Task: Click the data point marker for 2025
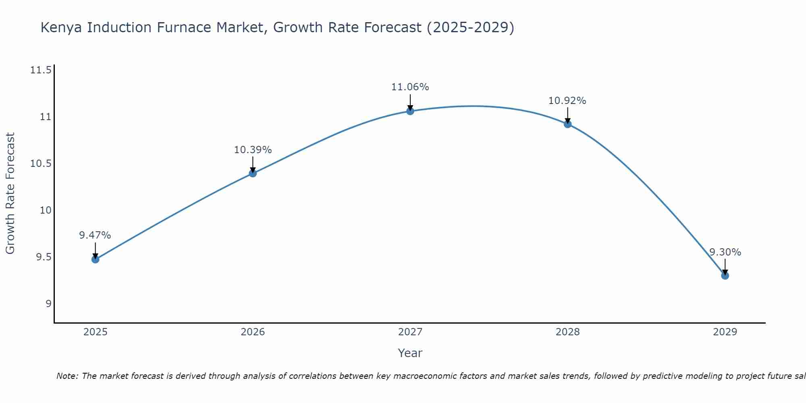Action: tap(96, 259)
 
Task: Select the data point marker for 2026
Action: tap(253, 173)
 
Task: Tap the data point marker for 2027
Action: tap(410, 111)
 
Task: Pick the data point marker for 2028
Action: tap(567, 124)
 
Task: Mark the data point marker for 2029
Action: tap(725, 276)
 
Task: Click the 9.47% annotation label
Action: tap(95, 235)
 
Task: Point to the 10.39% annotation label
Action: tap(253, 150)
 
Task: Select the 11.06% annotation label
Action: tap(410, 87)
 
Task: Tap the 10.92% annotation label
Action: tap(567, 101)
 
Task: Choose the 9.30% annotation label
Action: tap(725, 252)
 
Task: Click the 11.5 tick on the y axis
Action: tap(41, 71)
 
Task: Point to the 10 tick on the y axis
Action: tap(46, 210)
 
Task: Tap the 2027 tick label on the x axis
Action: tap(410, 332)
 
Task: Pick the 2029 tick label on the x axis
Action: tap(725, 332)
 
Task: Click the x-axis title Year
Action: tap(410, 353)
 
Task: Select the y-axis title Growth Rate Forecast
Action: tap(10, 193)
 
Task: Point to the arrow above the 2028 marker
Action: tap(567, 115)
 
